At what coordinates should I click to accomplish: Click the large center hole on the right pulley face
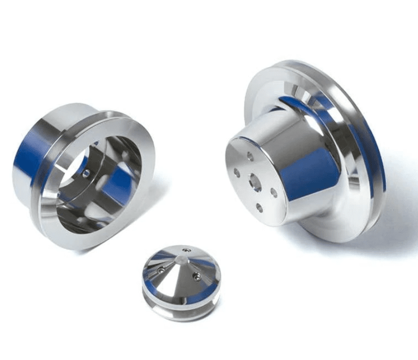coord(255,182)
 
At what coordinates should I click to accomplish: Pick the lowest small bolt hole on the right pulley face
coord(259,208)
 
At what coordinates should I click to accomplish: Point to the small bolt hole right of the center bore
coord(274,192)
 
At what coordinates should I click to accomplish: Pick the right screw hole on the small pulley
coord(197,277)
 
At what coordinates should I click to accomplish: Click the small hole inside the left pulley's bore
coord(87,173)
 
